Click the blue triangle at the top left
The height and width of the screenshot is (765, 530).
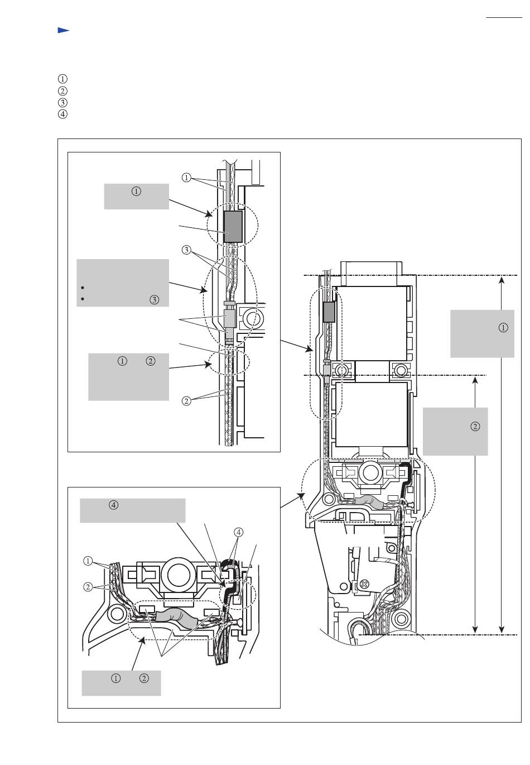(x=63, y=30)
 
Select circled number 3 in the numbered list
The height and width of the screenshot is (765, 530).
(x=62, y=102)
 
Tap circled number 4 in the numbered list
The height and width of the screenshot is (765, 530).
(x=62, y=114)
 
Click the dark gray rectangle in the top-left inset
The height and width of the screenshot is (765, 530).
(x=233, y=227)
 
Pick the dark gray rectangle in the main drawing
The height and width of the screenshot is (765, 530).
(x=329, y=312)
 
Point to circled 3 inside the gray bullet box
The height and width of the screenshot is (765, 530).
(x=154, y=300)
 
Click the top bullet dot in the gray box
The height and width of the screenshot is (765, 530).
(x=83, y=288)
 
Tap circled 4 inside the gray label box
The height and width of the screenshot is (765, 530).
(x=114, y=505)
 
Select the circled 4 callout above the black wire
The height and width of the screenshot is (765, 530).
(x=239, y=532)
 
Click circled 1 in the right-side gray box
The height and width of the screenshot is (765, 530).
(x=503, y=328)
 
